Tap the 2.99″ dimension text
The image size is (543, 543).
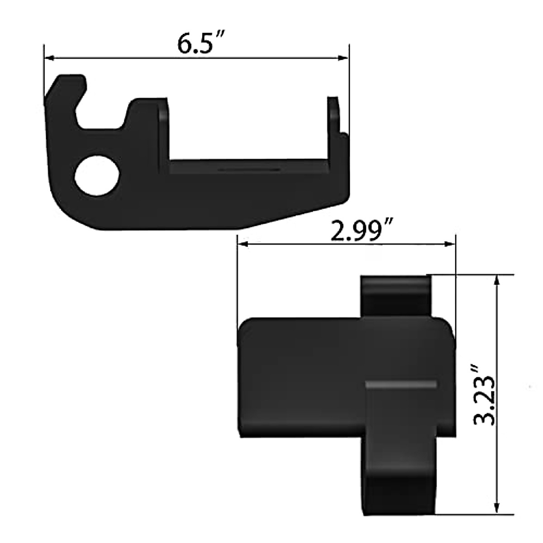pyautogui.click(x=361, y=231)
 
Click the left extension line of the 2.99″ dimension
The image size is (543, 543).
pyautogui.click(x=238, y=281)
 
